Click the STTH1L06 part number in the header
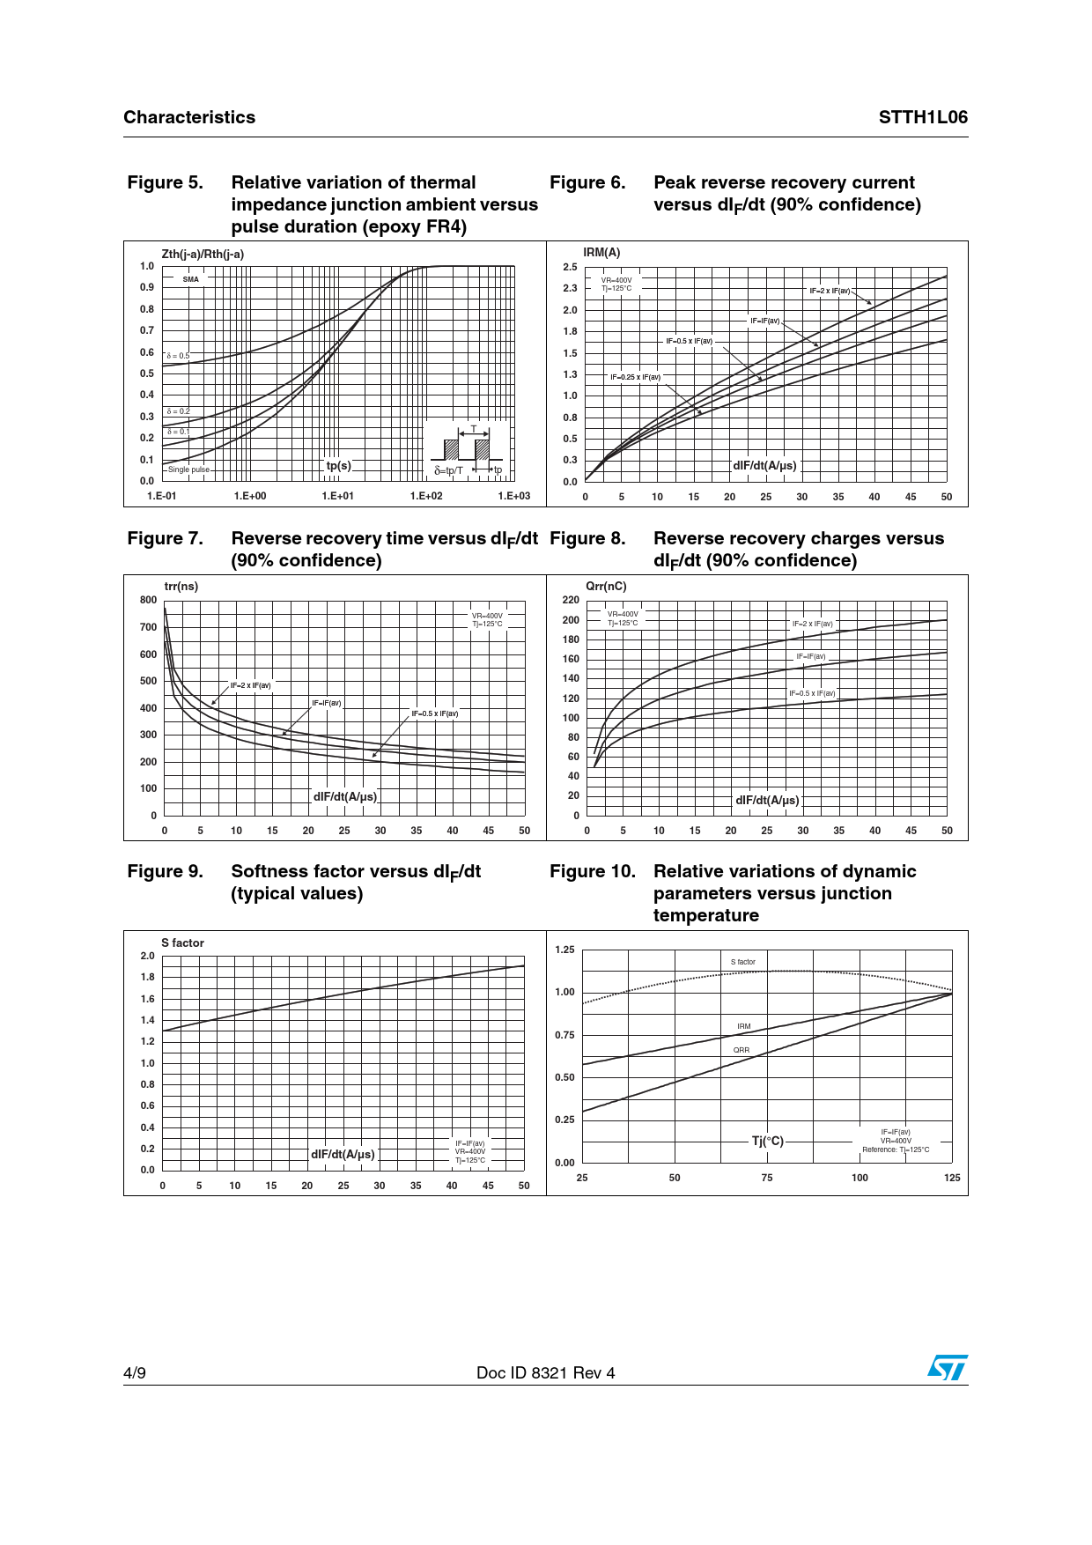click(x=922, y=117)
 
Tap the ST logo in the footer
click(x=947, y=1368)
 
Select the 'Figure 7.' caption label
click(x=165, y=538)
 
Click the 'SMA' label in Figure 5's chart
click(x=191, y=279)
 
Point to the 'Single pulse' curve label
click(x=189, y=469)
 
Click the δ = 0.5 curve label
click(x=178, y=356)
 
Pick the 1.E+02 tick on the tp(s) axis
click(x=426, y=496)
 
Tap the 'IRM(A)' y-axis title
click(x=601, y=253)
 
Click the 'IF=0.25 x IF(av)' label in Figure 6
click(x=635, y=377)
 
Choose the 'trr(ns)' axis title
click(x=181, y=587)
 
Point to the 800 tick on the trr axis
click(x=148, y=600)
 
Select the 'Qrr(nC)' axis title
click(x=606, y=587)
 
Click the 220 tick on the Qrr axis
click(x=571, y=600)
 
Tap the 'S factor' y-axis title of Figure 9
click(x=182, y=943)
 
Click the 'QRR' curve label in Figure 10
click(x=742, y=1050)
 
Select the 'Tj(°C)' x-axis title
click(x=767, y=1141)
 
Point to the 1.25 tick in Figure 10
click(x=564, y=950)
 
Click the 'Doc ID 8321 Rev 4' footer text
click(x=546, y=1373)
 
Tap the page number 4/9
click(x=135, y=1373)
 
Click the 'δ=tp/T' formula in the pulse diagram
click(x=448, y=470)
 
